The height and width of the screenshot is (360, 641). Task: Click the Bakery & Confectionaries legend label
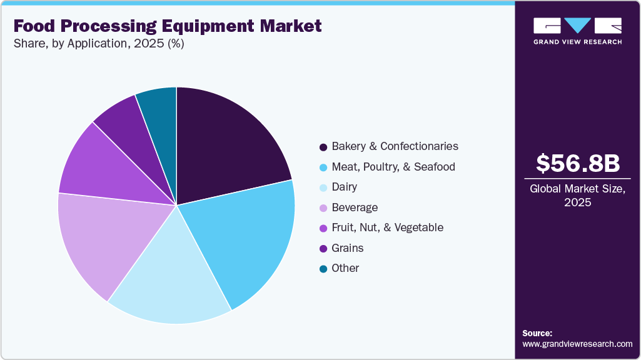click(x=395, y=146)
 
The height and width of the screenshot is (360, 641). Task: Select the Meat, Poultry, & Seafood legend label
click(x=393, y=167)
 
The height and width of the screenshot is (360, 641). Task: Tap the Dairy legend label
click(x=345, y=187)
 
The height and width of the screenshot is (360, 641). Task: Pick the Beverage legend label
click(x=355, y=207)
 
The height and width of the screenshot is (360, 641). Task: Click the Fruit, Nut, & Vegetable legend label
click(x=387, y=227)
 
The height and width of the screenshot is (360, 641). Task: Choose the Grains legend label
click(x=348, y=248)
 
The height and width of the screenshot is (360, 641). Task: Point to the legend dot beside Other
click(x=323, y=269)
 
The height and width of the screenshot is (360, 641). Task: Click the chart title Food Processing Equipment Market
click(x=167, y=26)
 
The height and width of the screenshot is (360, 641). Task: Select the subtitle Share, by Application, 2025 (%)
click(x=98, y=44)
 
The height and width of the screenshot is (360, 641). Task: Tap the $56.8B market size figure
click(x=578, y=163)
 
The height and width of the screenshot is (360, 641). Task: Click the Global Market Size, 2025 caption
click(x=578, y=196)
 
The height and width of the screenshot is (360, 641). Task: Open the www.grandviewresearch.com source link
click(x=577, y=344)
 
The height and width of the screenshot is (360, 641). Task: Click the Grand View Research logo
click(x=578, y=31)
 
